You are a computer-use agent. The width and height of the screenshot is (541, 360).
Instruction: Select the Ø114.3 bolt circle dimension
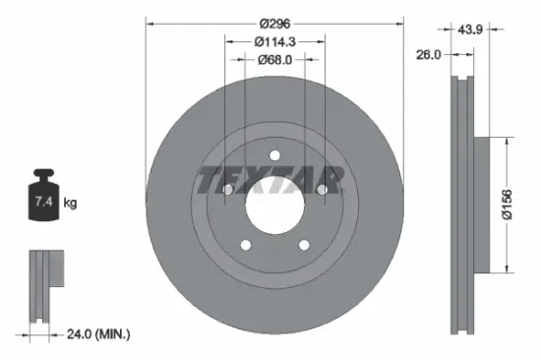point(274,41)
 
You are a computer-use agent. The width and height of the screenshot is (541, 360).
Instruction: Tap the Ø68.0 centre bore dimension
point(274,60)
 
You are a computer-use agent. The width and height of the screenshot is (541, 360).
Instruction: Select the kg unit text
point(70,204)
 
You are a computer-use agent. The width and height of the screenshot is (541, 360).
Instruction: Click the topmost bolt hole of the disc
point(274,154)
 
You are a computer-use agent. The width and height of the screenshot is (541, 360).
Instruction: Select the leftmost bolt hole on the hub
point(227,190)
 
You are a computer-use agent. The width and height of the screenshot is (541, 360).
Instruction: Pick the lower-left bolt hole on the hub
point(246,245)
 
